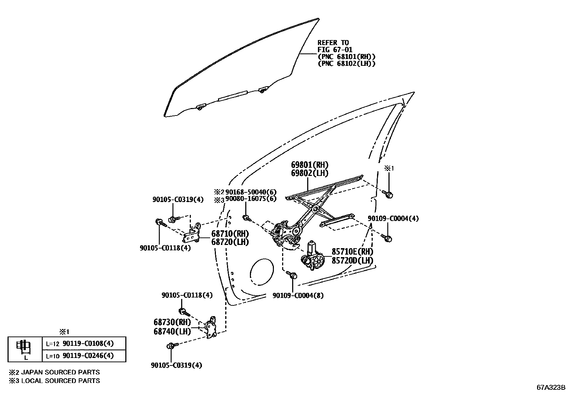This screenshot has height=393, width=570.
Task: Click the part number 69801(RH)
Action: [x=309, y=165]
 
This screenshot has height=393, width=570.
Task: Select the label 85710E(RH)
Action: [x=352, y=252]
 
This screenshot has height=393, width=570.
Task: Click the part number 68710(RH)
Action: [x=230, y=234]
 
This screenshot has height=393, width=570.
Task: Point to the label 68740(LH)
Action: [x=172, y=331]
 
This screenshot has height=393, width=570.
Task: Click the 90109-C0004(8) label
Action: [x=298, y=296]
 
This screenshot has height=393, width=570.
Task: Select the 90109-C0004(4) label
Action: [x=393, y=218]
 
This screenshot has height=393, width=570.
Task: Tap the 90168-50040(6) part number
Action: [x=251, y=192]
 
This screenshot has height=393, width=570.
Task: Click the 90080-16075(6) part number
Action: [x=251, y=198]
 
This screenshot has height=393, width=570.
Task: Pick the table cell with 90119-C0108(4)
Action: [x=84, y=343]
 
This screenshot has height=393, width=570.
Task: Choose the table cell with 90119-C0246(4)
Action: [x=84, y=355]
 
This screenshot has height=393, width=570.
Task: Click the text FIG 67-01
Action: [x=335, y=50]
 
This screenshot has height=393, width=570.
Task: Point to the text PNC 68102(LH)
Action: [x=347, y=63]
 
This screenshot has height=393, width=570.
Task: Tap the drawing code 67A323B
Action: [x=550, y=387]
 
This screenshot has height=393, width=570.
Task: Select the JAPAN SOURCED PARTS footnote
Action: [x=54, y=372]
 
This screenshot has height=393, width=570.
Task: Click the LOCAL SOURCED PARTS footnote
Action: [x=54, y=381]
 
